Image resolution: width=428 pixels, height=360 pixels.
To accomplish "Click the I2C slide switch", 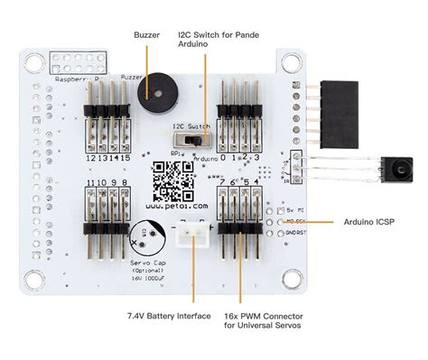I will click(191, 142).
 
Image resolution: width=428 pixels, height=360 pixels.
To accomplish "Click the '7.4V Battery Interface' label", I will click(169, 316).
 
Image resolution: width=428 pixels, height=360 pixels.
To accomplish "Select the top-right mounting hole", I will click(289, 65).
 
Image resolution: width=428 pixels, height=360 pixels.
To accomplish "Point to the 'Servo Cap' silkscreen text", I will click(145, 263).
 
